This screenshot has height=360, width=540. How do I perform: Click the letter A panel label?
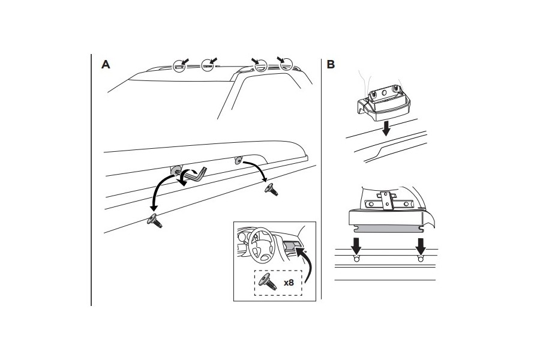click(x=106, y=64)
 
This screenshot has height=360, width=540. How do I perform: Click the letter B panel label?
click(x=331, y=64)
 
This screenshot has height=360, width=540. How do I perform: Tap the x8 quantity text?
click(x=289, y=283)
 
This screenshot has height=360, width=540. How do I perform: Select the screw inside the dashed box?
click(x=269, y=282)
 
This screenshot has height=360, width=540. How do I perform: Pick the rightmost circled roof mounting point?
click(x=286, y=64)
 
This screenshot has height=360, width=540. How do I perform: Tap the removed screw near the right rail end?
click(x=271, y=189)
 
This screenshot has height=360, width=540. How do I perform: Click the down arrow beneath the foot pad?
click(x=386, y=128)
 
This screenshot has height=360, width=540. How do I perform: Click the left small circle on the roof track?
click(x=356, y=259)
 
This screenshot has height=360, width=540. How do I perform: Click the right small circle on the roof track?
click(x=421, y=259)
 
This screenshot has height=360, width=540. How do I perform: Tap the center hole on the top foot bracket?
click(x=385, y=92)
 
